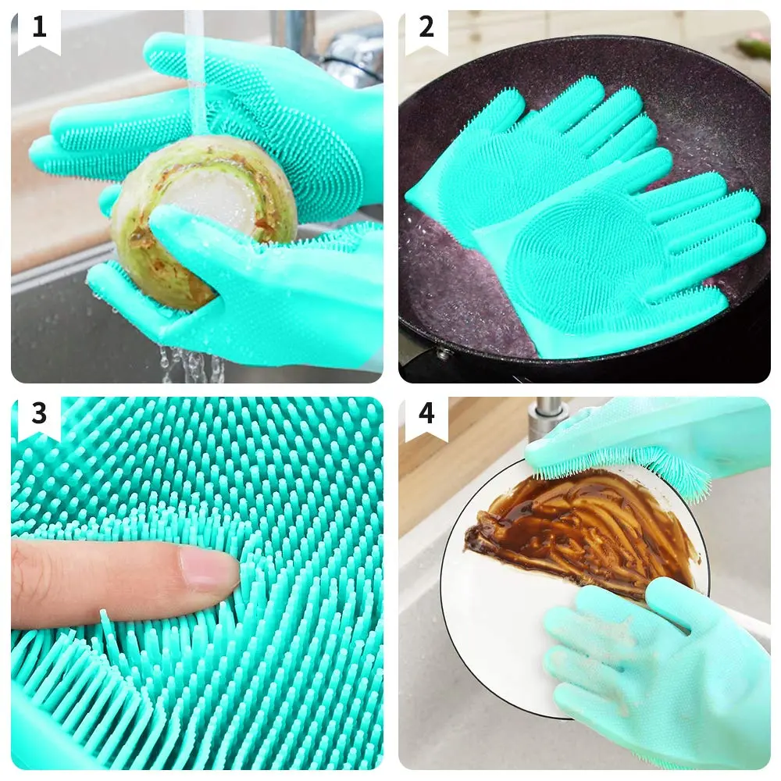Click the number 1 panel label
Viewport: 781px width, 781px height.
click(x=39, y=27)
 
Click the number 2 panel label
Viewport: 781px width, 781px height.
click(x=426, y=27)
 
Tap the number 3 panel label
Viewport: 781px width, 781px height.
click(x=39, y=413)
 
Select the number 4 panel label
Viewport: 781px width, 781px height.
click(x=426, y=413)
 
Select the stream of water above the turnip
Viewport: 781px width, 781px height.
click(x=195, y=75)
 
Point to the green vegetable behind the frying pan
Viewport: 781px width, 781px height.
click(x=754, y=48)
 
